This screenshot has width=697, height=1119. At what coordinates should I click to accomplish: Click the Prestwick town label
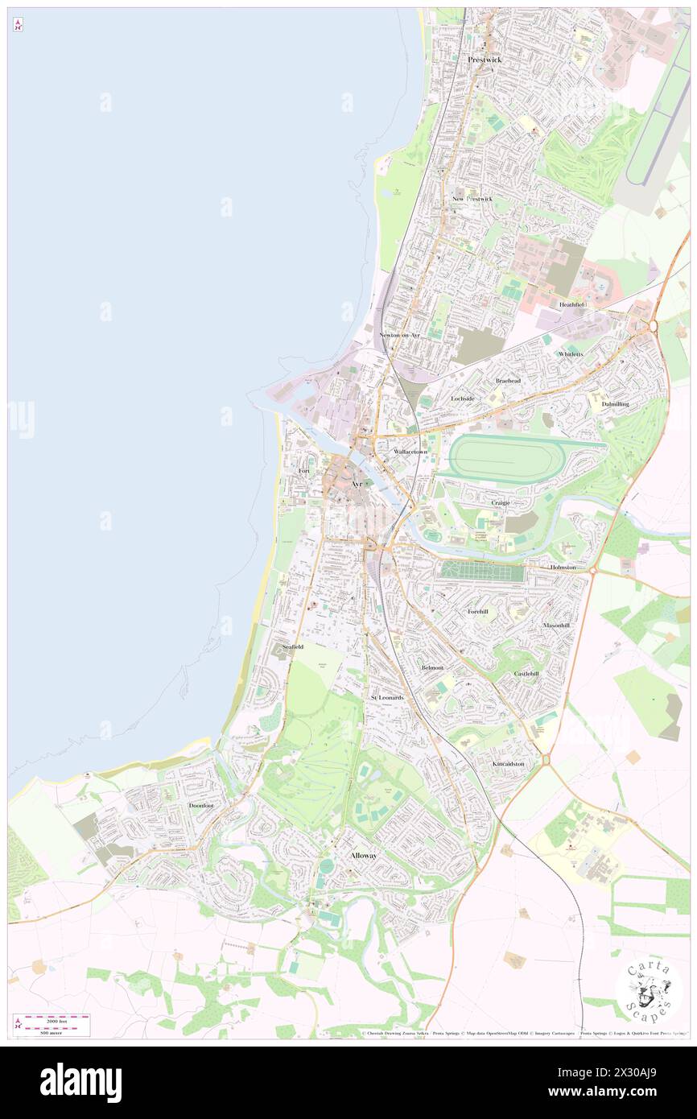click(x=485, y=60)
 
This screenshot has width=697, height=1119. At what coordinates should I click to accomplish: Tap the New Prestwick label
click(x=472, y=199)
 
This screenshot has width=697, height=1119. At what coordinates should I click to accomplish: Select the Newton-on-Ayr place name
click(x=400, y=334)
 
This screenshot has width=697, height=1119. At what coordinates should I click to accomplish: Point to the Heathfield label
click(x=574, y=305)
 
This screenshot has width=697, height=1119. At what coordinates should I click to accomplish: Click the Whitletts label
click(x=571, y=353)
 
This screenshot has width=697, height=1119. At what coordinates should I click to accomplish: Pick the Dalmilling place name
click(x=616, y=403)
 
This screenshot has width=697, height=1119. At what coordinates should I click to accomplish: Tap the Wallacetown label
click(x=410, y=452)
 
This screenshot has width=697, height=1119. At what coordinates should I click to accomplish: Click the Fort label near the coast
click(x=304, y=470)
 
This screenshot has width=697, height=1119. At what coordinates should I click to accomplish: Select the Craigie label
click(x=501, y=502)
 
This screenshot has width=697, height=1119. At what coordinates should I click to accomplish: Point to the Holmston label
click(x=563, y=568)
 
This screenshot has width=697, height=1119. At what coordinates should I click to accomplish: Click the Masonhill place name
click(x=556, y=625)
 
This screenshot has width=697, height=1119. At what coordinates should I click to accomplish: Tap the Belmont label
click(x=432, y=667)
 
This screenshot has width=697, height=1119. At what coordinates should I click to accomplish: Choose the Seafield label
click(x=293, y=646)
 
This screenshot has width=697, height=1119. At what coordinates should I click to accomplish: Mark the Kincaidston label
click(x=509, y=763)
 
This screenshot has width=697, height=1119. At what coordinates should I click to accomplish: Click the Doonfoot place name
click(x=201, y=805)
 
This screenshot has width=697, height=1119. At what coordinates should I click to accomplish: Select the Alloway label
click(x=363, y=855)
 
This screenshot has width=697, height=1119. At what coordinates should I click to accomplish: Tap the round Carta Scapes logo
click(x=648, y=991)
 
